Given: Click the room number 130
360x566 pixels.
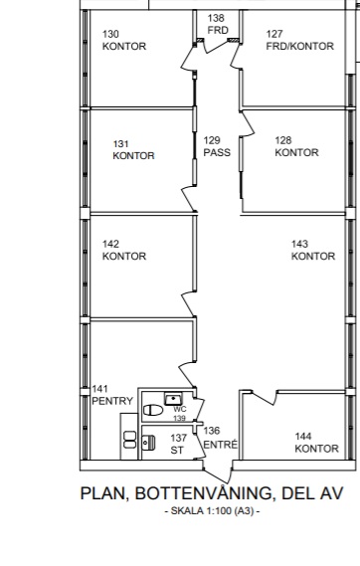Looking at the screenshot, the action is click(110, 34).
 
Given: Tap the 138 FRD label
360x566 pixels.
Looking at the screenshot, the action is click(218, 24).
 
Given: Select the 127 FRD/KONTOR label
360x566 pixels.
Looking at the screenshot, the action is click(299, 40).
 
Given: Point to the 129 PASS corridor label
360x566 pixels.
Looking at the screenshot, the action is click(217, 146).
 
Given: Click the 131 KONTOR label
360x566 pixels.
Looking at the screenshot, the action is click(133, 150).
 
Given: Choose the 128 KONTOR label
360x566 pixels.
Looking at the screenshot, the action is click(296, 146).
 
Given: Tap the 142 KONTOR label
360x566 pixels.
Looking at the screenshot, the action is click(124, 250).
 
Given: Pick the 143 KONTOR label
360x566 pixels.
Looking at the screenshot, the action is click(313, 250).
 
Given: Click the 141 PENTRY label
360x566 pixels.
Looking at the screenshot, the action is click(112, 395).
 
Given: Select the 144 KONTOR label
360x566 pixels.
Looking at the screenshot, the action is click(316, 443).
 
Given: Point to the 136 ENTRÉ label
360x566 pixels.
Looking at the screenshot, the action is click(221, 438).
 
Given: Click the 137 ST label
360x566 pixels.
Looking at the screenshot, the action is click(178, 444).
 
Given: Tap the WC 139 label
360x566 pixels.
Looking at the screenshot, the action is click(180, 414).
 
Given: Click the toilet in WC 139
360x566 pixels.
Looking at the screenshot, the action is click(153, 410).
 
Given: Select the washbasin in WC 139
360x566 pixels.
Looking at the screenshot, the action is click(173, 399).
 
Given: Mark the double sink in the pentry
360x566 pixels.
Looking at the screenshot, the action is click(129, 440).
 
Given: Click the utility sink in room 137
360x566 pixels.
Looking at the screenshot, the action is click(148, 443).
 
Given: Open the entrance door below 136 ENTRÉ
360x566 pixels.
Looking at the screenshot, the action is click(217, 472).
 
